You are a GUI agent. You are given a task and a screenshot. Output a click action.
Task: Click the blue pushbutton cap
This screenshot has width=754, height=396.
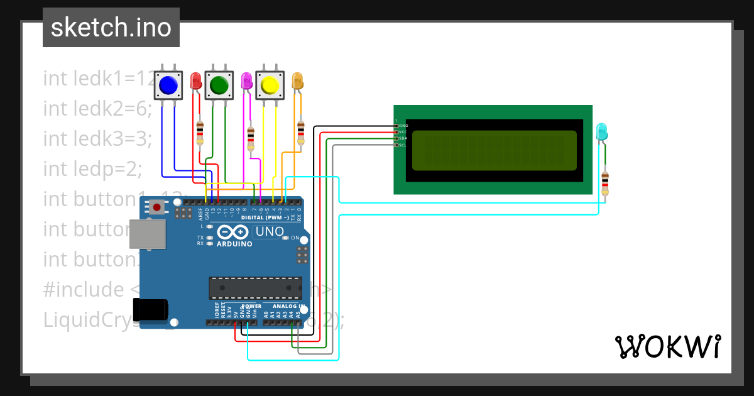168,85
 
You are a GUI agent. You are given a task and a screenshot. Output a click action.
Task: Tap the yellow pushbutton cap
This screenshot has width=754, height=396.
270,85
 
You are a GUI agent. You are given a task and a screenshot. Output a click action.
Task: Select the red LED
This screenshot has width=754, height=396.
195,80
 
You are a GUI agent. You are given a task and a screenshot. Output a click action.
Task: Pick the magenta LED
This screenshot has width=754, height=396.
246,80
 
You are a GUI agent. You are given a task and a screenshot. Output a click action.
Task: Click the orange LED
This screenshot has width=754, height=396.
297,80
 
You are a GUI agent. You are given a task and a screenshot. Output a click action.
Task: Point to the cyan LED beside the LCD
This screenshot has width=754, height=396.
601,131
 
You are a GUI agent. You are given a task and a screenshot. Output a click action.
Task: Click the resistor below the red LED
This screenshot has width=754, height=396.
200,133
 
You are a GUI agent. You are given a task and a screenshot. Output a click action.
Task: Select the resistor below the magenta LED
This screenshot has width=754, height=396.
251,139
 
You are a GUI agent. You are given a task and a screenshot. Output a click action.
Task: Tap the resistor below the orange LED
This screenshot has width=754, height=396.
300,133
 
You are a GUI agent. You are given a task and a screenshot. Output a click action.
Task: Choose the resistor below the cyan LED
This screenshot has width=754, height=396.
604,183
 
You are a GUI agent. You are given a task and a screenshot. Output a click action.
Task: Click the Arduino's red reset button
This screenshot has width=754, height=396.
156,207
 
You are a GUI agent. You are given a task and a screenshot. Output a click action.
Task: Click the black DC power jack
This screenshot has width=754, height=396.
153,309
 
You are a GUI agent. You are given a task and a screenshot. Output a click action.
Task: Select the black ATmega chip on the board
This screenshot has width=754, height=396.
255,287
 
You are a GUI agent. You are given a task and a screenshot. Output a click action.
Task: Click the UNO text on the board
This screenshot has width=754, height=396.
270,231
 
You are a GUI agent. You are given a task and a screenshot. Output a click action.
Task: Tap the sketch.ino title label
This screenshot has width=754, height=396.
111,28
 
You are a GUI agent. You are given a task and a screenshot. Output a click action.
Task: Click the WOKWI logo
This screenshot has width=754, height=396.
667,346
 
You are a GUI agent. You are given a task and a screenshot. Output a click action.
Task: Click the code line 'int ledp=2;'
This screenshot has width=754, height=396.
93,168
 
